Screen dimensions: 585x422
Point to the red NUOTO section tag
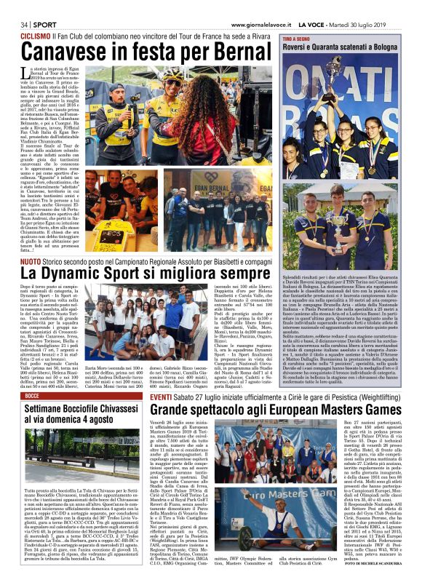[x=31, y=260]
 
